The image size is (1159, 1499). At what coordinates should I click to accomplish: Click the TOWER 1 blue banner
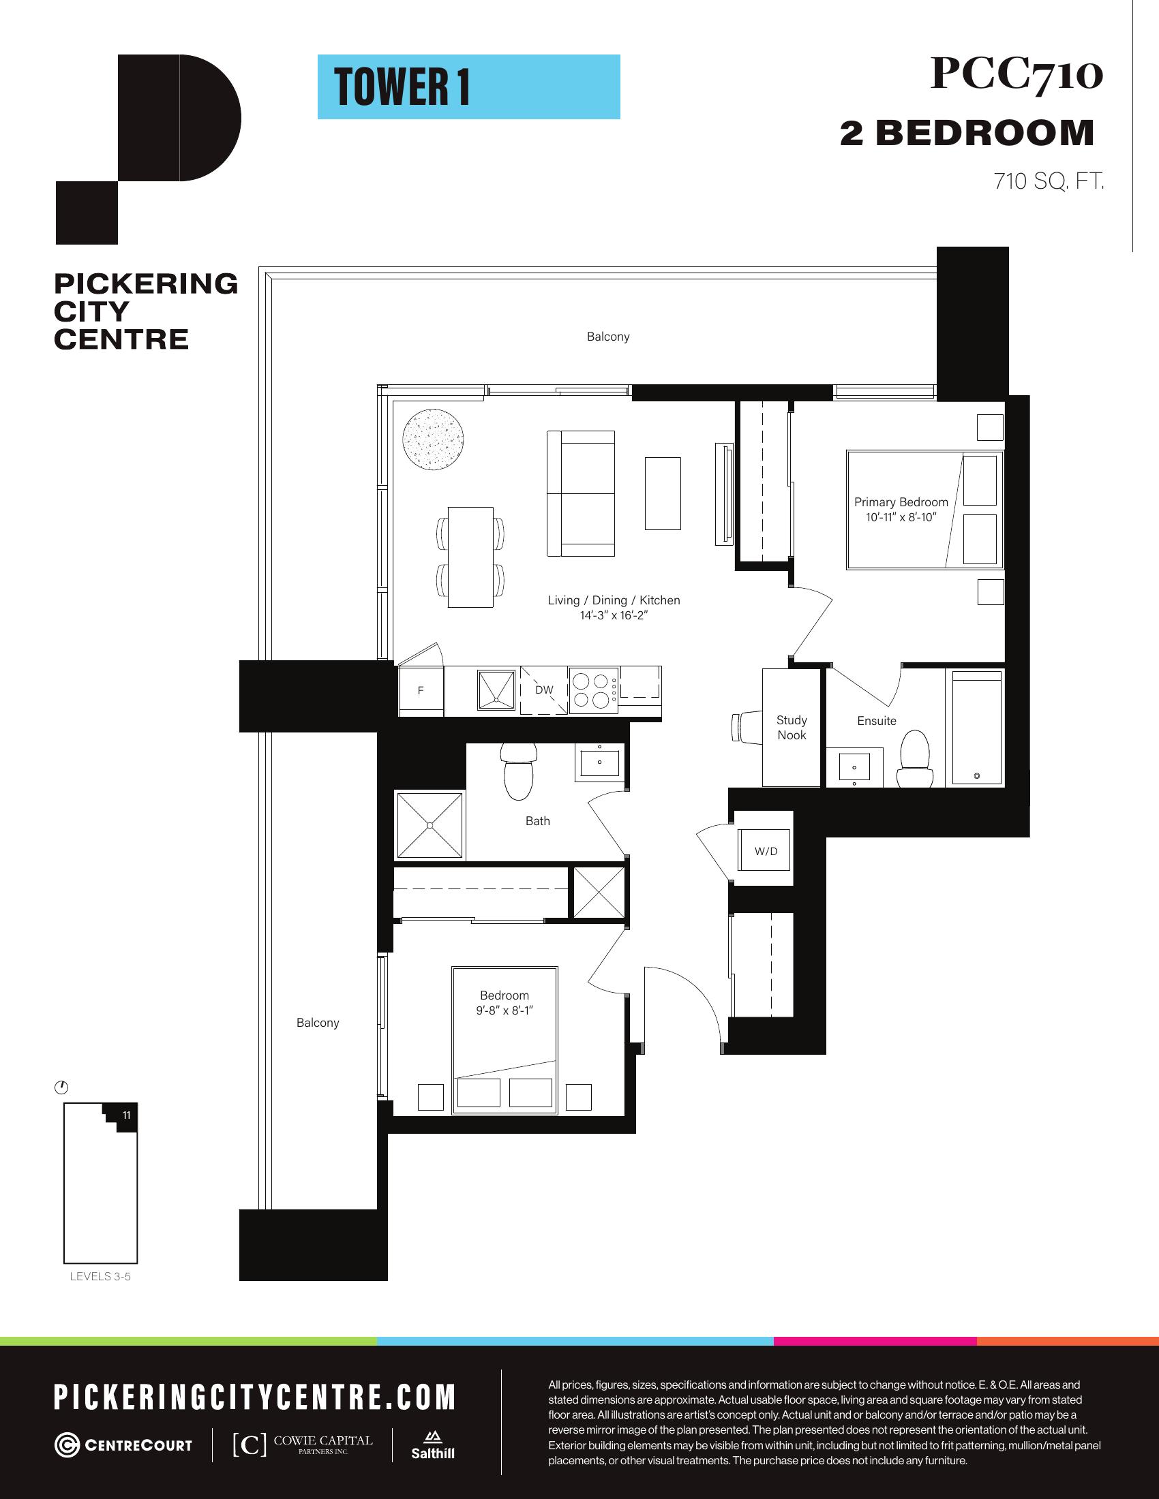click(x=468, y=87)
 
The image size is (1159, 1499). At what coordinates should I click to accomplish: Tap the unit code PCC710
click(x=1017, y=74)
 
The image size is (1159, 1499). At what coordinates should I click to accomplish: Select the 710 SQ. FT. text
click(x=1049, y=181)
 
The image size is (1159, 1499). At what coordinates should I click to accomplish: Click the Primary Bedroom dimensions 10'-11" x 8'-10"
click(x=901, y=518)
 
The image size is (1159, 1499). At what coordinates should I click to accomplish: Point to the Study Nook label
click(x=792, y=728)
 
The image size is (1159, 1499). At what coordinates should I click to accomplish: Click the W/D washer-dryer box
click(x=766, y=851)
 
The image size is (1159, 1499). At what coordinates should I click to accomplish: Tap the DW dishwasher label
click(x=544, y=690)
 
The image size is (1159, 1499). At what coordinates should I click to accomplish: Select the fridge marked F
click(x=421, y=690)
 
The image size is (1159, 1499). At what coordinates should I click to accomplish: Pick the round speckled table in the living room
click(x=432, y=439)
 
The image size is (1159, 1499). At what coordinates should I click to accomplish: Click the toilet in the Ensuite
click(x=914, y=760)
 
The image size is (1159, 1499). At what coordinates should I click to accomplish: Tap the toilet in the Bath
click(x=518, y=771)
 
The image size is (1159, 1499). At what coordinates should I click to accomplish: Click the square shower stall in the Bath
click(x=430, y=825)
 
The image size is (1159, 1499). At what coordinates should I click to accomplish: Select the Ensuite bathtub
click(x=976, y=728)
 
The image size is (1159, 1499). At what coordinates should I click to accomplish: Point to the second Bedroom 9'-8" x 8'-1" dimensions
click(x=505, y=1010)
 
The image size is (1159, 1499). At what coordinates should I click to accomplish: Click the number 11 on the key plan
click(x=126, y=1115)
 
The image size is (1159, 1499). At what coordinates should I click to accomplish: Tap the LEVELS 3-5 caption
click(x=100, y=1277)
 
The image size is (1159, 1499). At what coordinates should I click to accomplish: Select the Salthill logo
click(x=432, y=1444)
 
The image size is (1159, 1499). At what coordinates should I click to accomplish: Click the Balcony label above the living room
click(x=608, y=337)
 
